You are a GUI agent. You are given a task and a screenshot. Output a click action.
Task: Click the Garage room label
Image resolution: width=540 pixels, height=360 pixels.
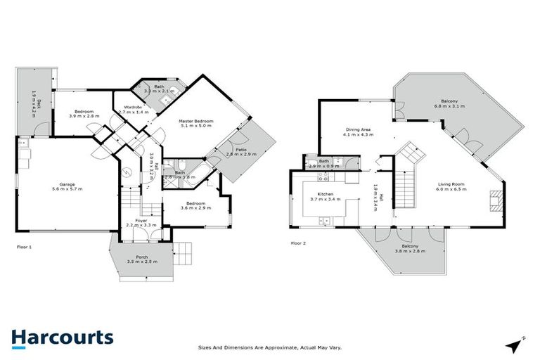(67, 186)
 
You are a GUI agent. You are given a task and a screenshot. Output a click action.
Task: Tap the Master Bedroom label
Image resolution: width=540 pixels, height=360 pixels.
(196, 122)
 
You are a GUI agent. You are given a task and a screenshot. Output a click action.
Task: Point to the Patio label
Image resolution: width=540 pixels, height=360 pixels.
(240, 150)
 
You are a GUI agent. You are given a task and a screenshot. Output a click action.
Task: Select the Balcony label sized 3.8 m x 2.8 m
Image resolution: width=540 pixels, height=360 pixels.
(405, 248)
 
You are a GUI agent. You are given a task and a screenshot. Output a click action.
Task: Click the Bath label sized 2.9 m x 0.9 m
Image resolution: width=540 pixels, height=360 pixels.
(323, 164)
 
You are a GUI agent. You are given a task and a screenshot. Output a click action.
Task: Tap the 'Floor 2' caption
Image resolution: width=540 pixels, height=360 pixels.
(300, 243)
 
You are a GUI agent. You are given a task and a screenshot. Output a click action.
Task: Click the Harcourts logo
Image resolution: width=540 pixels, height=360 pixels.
(62, 337)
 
